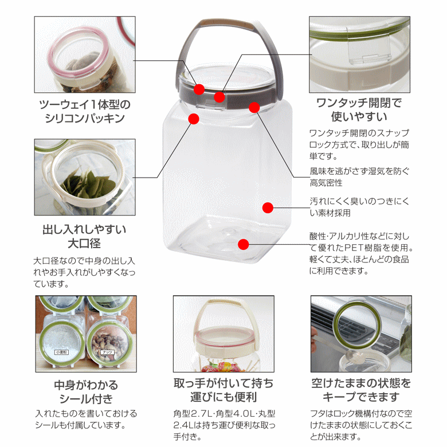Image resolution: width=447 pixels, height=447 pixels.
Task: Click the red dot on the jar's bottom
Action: coord(243,244)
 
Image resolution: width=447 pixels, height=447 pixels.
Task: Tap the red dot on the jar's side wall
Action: coord(268,208)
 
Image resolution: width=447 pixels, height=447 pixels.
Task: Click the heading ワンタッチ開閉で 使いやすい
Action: coord(359,110)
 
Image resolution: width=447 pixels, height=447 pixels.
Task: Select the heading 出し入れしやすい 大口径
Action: coord(84,236)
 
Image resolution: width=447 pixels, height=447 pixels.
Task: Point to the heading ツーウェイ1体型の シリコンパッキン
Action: coord(85,112)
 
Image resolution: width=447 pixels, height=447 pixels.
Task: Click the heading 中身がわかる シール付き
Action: coord(86,392)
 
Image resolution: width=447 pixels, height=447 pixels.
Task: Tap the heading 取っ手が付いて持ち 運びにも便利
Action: coord(223,390)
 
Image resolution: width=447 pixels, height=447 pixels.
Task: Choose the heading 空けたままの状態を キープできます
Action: coord(361,390)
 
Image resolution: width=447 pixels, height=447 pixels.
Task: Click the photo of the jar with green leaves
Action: coord(85,177)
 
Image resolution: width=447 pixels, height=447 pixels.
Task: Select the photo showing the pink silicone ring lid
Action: coord(85,54)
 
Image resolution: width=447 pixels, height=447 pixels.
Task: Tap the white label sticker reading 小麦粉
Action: coord(61,352)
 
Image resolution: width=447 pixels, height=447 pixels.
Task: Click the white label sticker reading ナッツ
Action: coord(107,352)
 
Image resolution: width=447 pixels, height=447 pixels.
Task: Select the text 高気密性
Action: coord(326,183)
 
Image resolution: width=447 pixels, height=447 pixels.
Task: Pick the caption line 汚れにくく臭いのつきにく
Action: coord(359,201)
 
